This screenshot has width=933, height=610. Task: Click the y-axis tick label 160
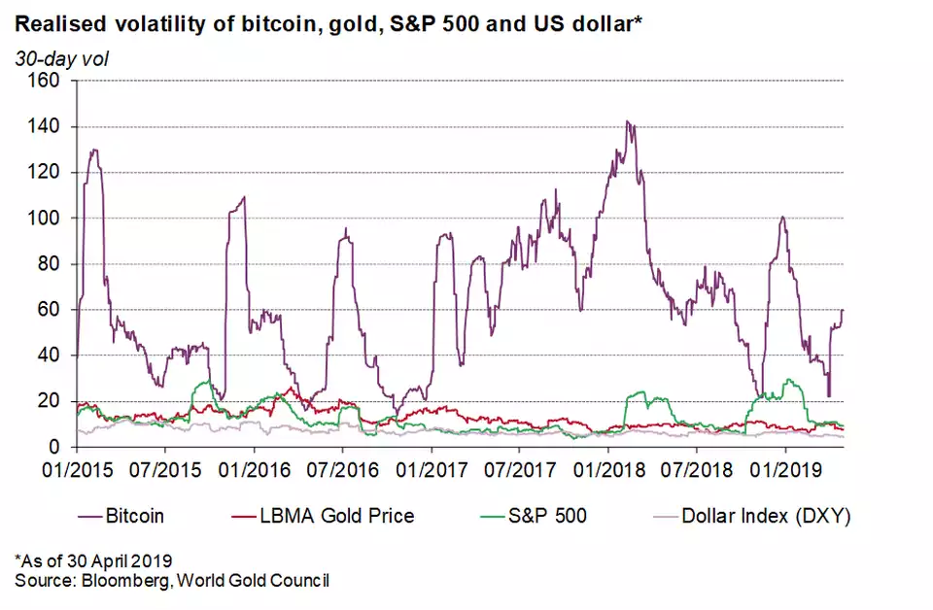tap(46, 82)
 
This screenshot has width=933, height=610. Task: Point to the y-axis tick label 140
tap(46, 127)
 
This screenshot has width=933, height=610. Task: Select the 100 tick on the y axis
tap(46, 219)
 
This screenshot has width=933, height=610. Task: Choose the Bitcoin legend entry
tap(132, 516)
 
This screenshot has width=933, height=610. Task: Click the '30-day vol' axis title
tap(61, 58)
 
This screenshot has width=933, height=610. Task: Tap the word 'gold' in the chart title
tap(335, 20)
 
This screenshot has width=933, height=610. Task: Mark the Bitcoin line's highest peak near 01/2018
tap(628, 122)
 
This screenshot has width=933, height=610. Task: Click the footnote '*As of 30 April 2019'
tap(93, 560)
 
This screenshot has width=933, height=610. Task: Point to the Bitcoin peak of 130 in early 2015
tap(94, 150)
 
